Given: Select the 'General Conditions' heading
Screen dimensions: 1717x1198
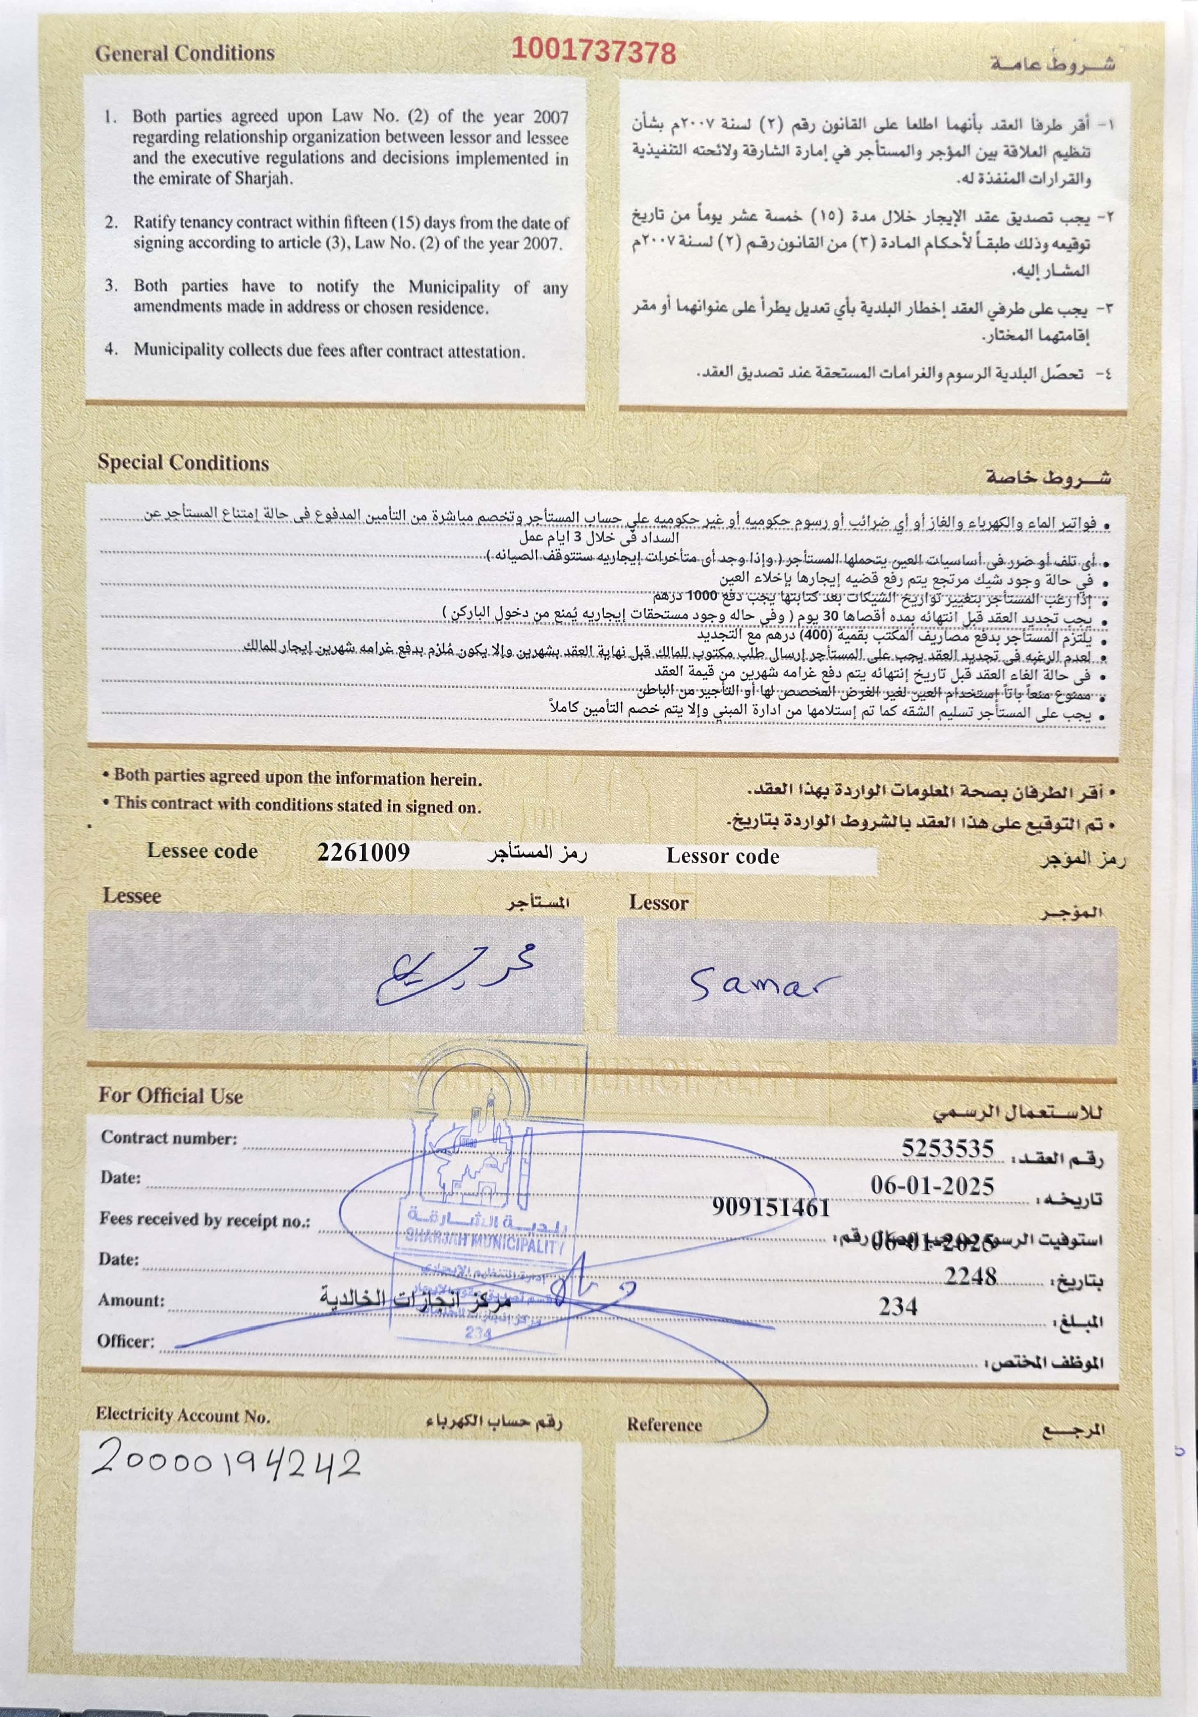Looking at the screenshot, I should [185, 53].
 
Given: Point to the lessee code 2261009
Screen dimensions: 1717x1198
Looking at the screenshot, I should [364, 852].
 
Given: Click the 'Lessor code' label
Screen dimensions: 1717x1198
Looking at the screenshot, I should [722, 856].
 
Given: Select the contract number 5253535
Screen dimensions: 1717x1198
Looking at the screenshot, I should [947, 1148].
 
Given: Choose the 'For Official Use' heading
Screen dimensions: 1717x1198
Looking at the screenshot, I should [171, 1096].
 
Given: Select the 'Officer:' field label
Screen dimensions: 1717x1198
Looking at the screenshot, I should [126, 1341].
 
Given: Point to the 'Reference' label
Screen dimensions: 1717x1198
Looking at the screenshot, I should [664, 1424].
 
